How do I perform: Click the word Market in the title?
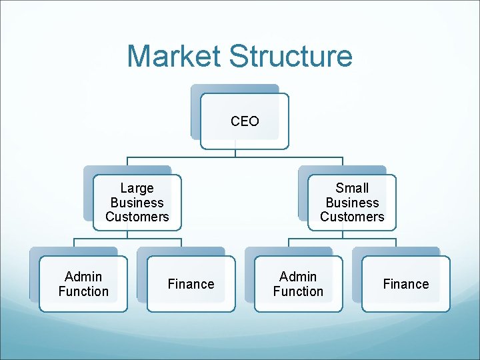click(173, 56)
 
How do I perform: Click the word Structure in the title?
click(290, 56)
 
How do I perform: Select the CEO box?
click(245, 121)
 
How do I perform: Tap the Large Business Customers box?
click(137, 203)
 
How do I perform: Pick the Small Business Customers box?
click(352, 203)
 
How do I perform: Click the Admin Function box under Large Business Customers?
click(83, 284)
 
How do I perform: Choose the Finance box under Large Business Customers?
click(191, 284)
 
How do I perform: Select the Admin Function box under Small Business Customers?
click(298, 284)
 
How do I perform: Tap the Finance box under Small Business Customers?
click(405, 284)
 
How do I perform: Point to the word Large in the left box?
click(137, 189)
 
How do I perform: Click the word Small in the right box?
click(352, 189)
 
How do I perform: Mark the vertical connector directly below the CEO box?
click(235, 153)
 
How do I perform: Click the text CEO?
click(245, 121)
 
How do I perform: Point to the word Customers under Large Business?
click(137, 217)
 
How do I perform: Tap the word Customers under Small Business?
click(352, 217)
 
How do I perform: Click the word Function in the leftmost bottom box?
click(83, 291)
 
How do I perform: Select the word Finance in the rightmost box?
click(405, 284)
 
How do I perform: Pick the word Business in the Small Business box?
click(352, 203)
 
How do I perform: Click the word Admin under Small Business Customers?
click(298, 277)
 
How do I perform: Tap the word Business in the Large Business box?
click(137, 203)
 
